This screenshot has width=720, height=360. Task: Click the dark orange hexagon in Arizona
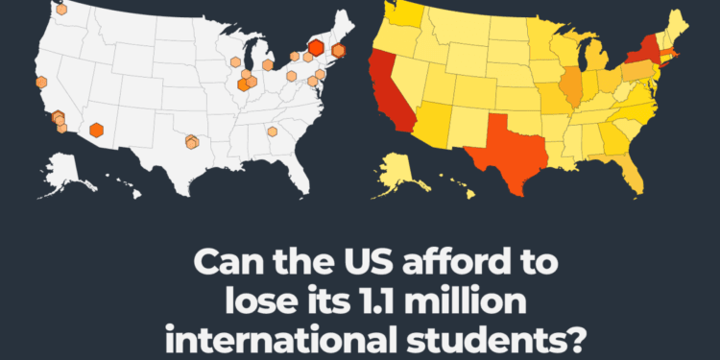click(x=96, y=130)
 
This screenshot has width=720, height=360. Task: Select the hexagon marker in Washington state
click(x=61, y=10)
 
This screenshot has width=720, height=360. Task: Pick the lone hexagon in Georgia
click(x=273, y=132)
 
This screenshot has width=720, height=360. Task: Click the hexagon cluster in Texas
click(x=192, y=142)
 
